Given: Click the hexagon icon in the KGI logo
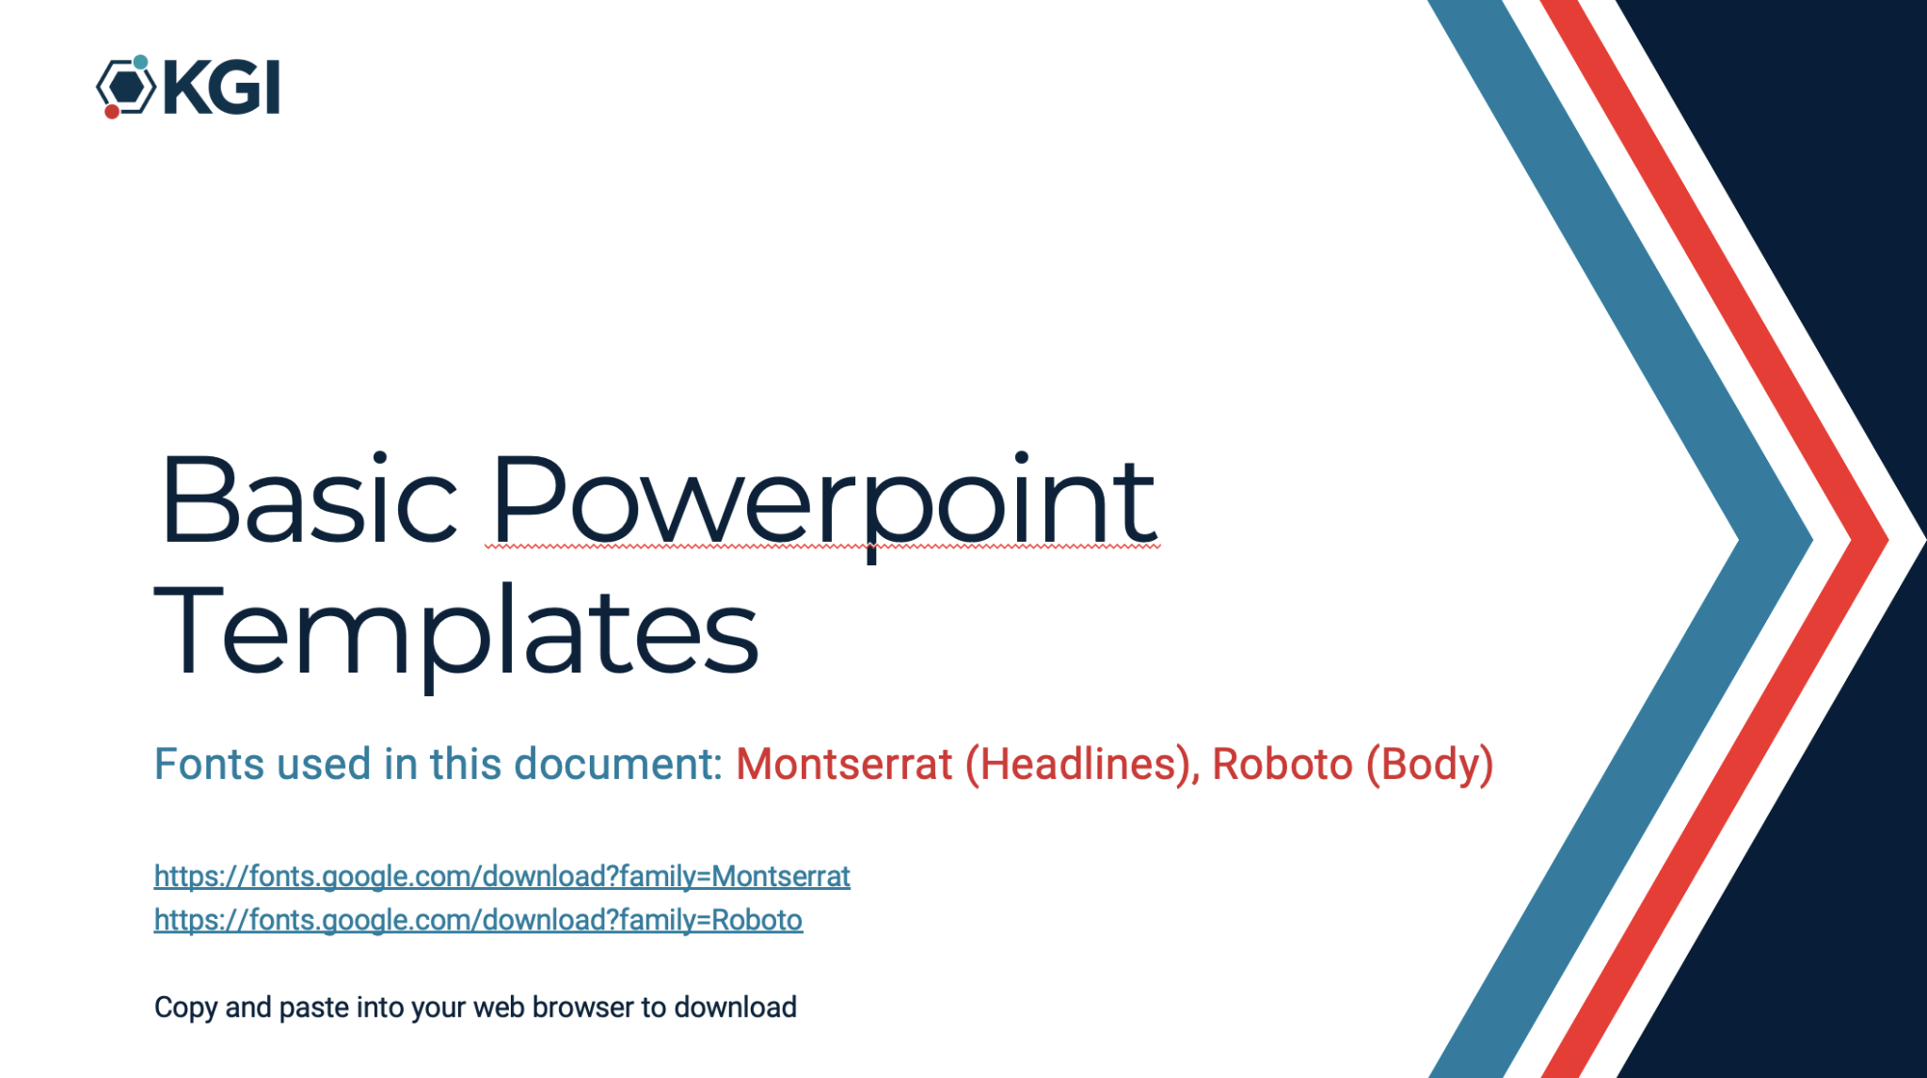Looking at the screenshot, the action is click(x=126, y=87).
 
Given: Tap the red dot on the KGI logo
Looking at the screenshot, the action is click(x=112, y=112).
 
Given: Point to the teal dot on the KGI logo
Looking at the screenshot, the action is click(x=140, y=62).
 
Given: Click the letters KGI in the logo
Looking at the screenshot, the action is click(x=222, y=87).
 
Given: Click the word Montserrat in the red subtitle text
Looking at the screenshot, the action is click(x=844, y=764).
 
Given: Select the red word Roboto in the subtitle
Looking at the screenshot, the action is click(x=1282, y=764).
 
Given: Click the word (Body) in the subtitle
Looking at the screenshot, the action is click(x=1430, y=765).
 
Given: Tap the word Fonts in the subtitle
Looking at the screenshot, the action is click(x=210, y=764).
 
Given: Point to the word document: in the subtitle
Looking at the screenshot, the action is click(x=618, y=764).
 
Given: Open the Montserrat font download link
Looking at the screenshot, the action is click(x=502, y=877).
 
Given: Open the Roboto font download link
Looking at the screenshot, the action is click(x=478, y=920).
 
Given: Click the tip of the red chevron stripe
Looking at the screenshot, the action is click(x=1887, y=540).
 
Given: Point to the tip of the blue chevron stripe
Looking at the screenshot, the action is click(x=1812, y=540).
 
